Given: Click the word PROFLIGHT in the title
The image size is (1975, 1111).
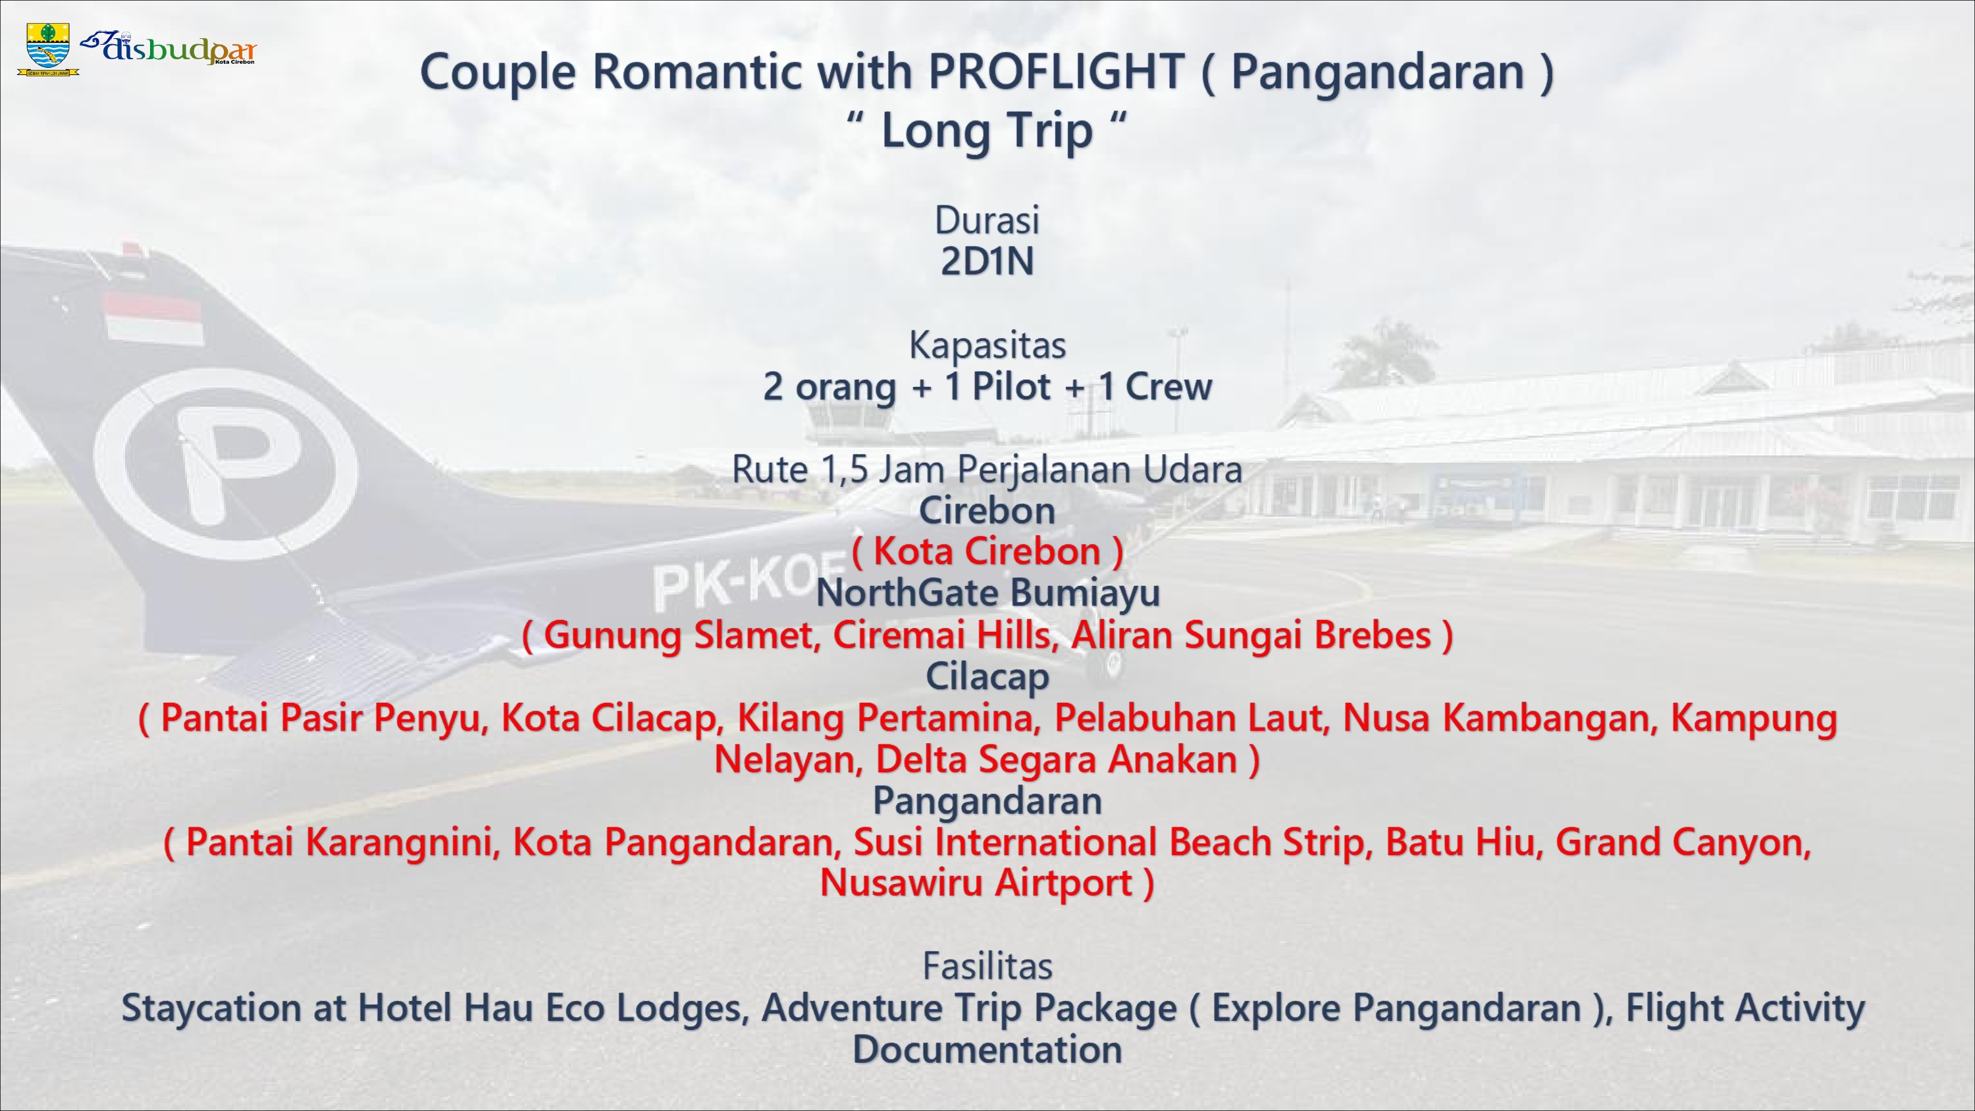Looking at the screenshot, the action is [1057, 72].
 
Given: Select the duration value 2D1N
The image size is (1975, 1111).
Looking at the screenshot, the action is [987, 261].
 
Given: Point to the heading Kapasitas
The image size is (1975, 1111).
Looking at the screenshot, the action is [987, 346].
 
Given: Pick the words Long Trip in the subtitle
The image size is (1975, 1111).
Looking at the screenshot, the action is [987, 131].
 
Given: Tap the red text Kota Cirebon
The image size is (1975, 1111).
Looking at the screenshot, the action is [987, 552].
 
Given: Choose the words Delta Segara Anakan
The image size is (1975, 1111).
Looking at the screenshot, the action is [1057, 760].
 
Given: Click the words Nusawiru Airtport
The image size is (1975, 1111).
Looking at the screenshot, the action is [976, 883].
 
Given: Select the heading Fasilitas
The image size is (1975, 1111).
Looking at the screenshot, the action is [987, 966].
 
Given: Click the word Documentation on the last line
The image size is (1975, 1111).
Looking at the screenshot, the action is [987, 1050].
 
